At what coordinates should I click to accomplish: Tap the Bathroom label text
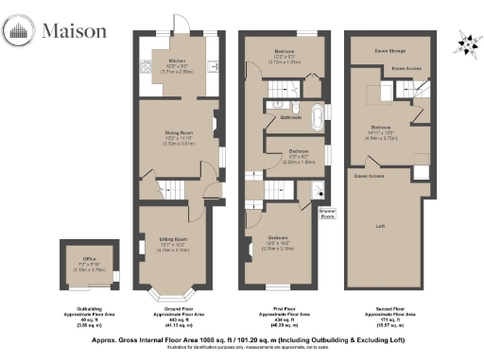pyautogui.click(x=290, y=117)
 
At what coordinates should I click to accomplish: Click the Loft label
pyautogui.click(x=380, y=226)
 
